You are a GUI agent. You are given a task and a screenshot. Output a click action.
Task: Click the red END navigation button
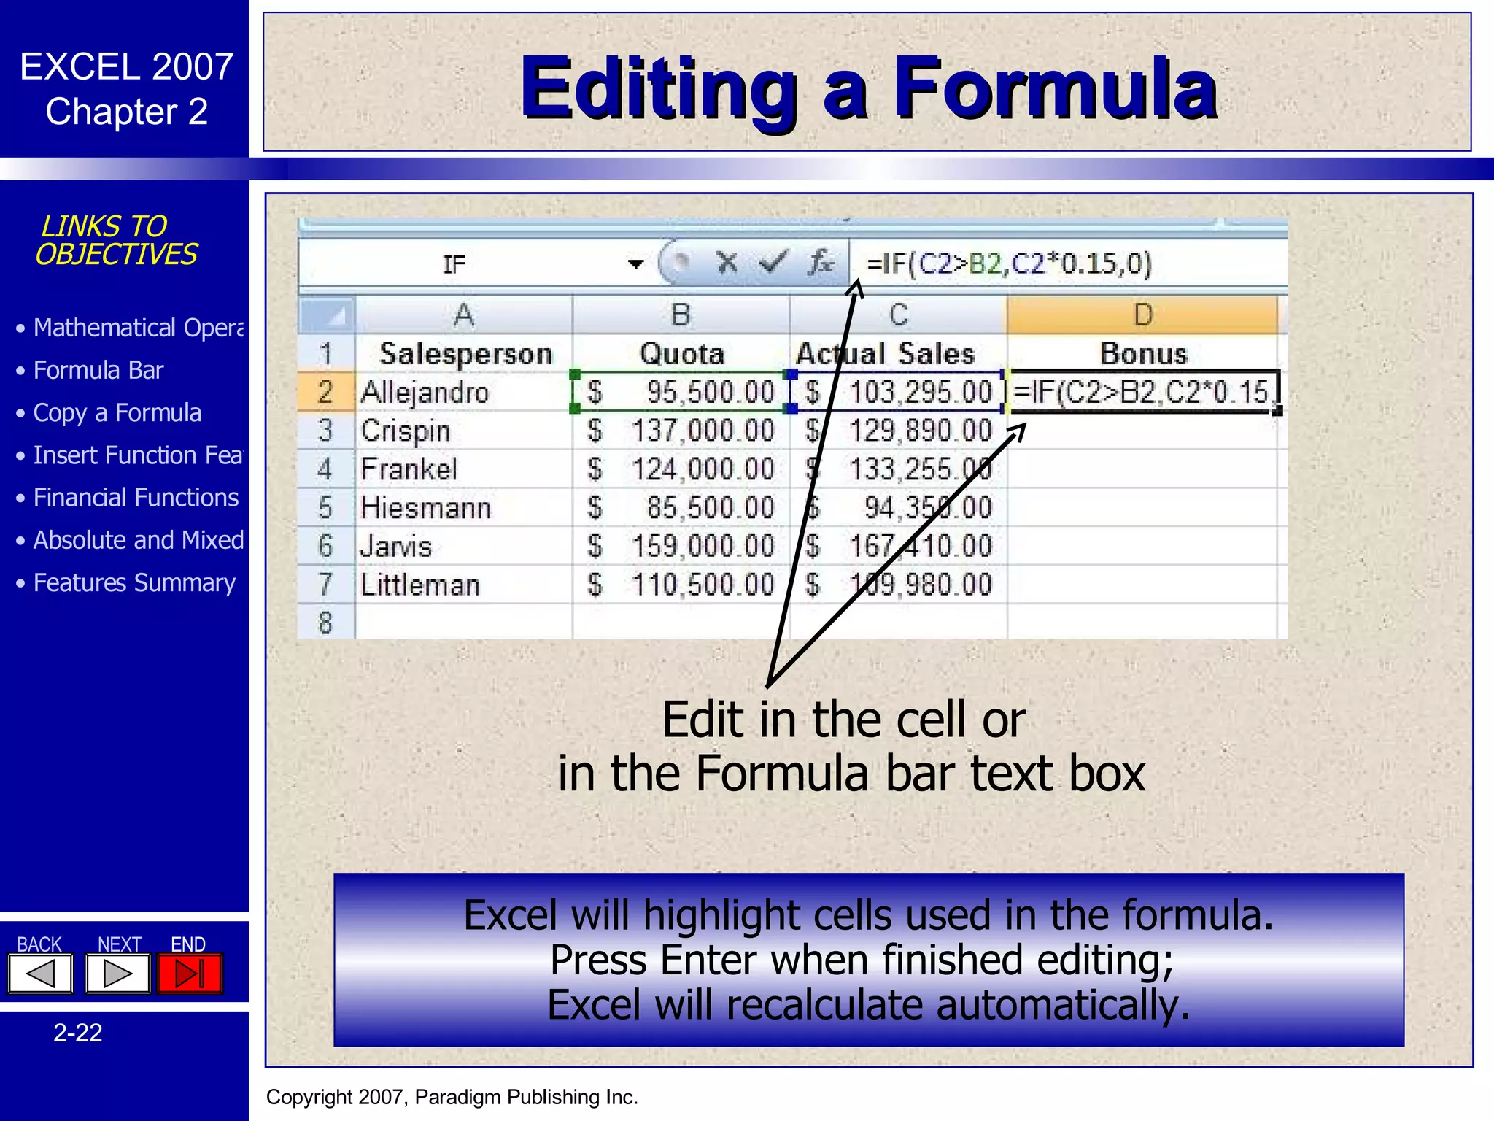(190, 974)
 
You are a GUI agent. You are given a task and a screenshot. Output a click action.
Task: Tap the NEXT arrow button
(117, 974)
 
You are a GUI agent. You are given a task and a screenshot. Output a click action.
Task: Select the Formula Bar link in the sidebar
(98, 371)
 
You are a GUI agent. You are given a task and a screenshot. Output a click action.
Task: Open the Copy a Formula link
(117, 413)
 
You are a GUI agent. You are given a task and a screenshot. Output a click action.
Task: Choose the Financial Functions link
(136, 498)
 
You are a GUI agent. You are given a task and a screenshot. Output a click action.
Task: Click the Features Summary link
(134, 583)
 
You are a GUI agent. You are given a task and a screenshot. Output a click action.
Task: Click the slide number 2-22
(78, 1033)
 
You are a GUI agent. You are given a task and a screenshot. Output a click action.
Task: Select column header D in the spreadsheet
(1142, 315)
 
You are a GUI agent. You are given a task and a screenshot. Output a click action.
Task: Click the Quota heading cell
(681, 354)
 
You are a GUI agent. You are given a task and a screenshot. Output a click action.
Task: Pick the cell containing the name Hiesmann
(426, 508)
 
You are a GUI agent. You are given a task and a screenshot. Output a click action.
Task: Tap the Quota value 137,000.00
(702, 431)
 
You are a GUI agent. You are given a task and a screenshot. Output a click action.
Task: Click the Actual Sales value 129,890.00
(920, 431)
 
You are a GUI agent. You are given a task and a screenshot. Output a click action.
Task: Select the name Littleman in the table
(420, 585)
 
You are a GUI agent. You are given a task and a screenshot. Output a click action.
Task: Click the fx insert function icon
(821, 262)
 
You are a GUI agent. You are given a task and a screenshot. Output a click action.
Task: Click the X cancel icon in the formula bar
(727, 262)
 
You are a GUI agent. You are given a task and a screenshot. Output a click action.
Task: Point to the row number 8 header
(325, 623)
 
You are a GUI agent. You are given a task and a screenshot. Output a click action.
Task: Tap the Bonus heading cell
(1143, 354)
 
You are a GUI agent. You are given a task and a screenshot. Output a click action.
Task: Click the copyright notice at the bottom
(452, 1097)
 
